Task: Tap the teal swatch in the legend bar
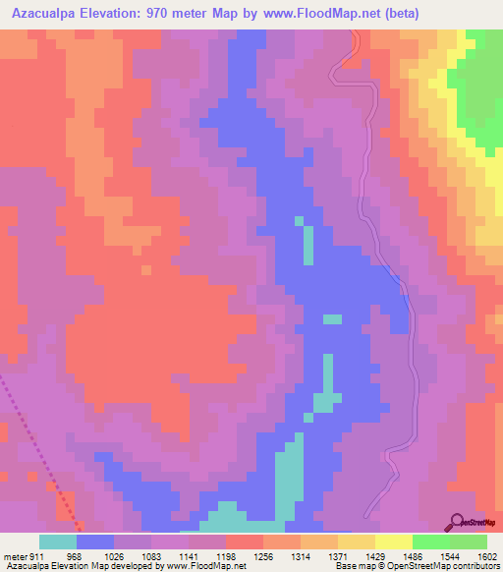point(58,542)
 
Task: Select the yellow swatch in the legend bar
point(393,542)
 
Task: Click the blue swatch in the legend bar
point(95,542)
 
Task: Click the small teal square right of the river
point(333,318)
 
